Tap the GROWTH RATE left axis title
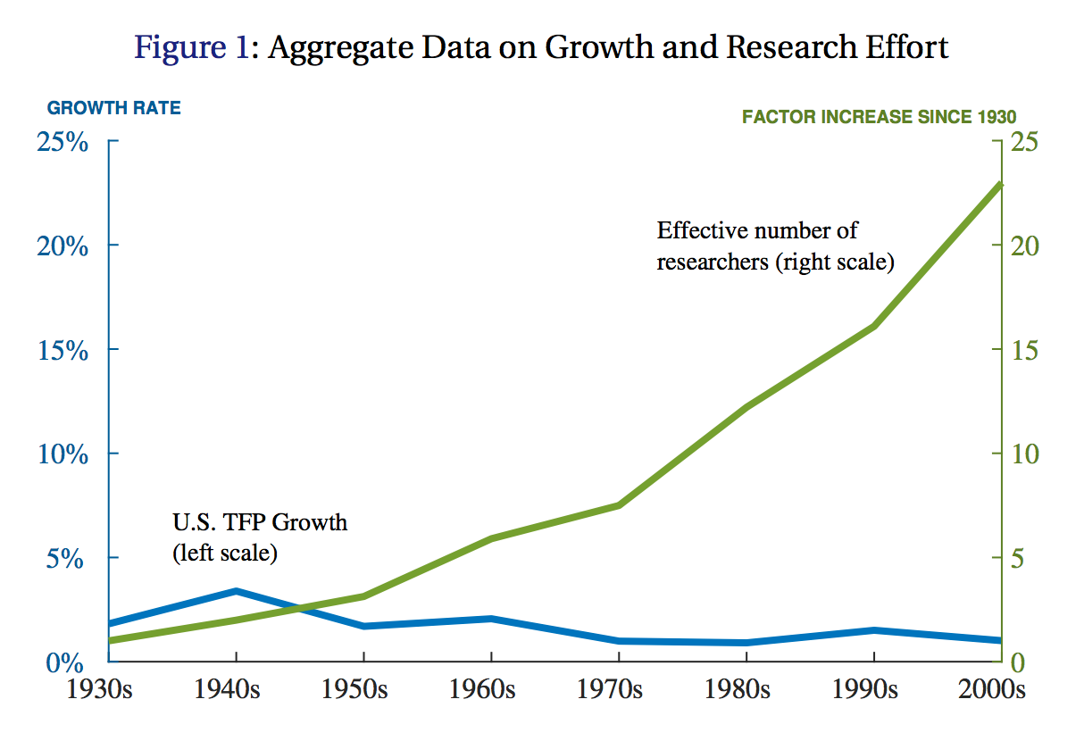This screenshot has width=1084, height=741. (x=113, y=108)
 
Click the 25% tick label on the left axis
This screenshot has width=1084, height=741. (x=63, y=143)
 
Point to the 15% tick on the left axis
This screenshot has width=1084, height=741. (x=63, y=351)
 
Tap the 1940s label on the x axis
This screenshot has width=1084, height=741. (x=236, y=690)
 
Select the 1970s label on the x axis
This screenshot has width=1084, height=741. (x=618, y=690)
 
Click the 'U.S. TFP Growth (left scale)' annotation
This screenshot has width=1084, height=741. (x=259, y=537)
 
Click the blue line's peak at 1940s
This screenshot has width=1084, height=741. (x=236, y=591)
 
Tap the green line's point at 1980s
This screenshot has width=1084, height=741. (x=746, y=407)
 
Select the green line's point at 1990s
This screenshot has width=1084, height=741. (x=873, y=326)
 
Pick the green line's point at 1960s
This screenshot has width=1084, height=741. (x=491, y=538)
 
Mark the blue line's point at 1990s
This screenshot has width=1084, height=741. (x=873, y=630)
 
